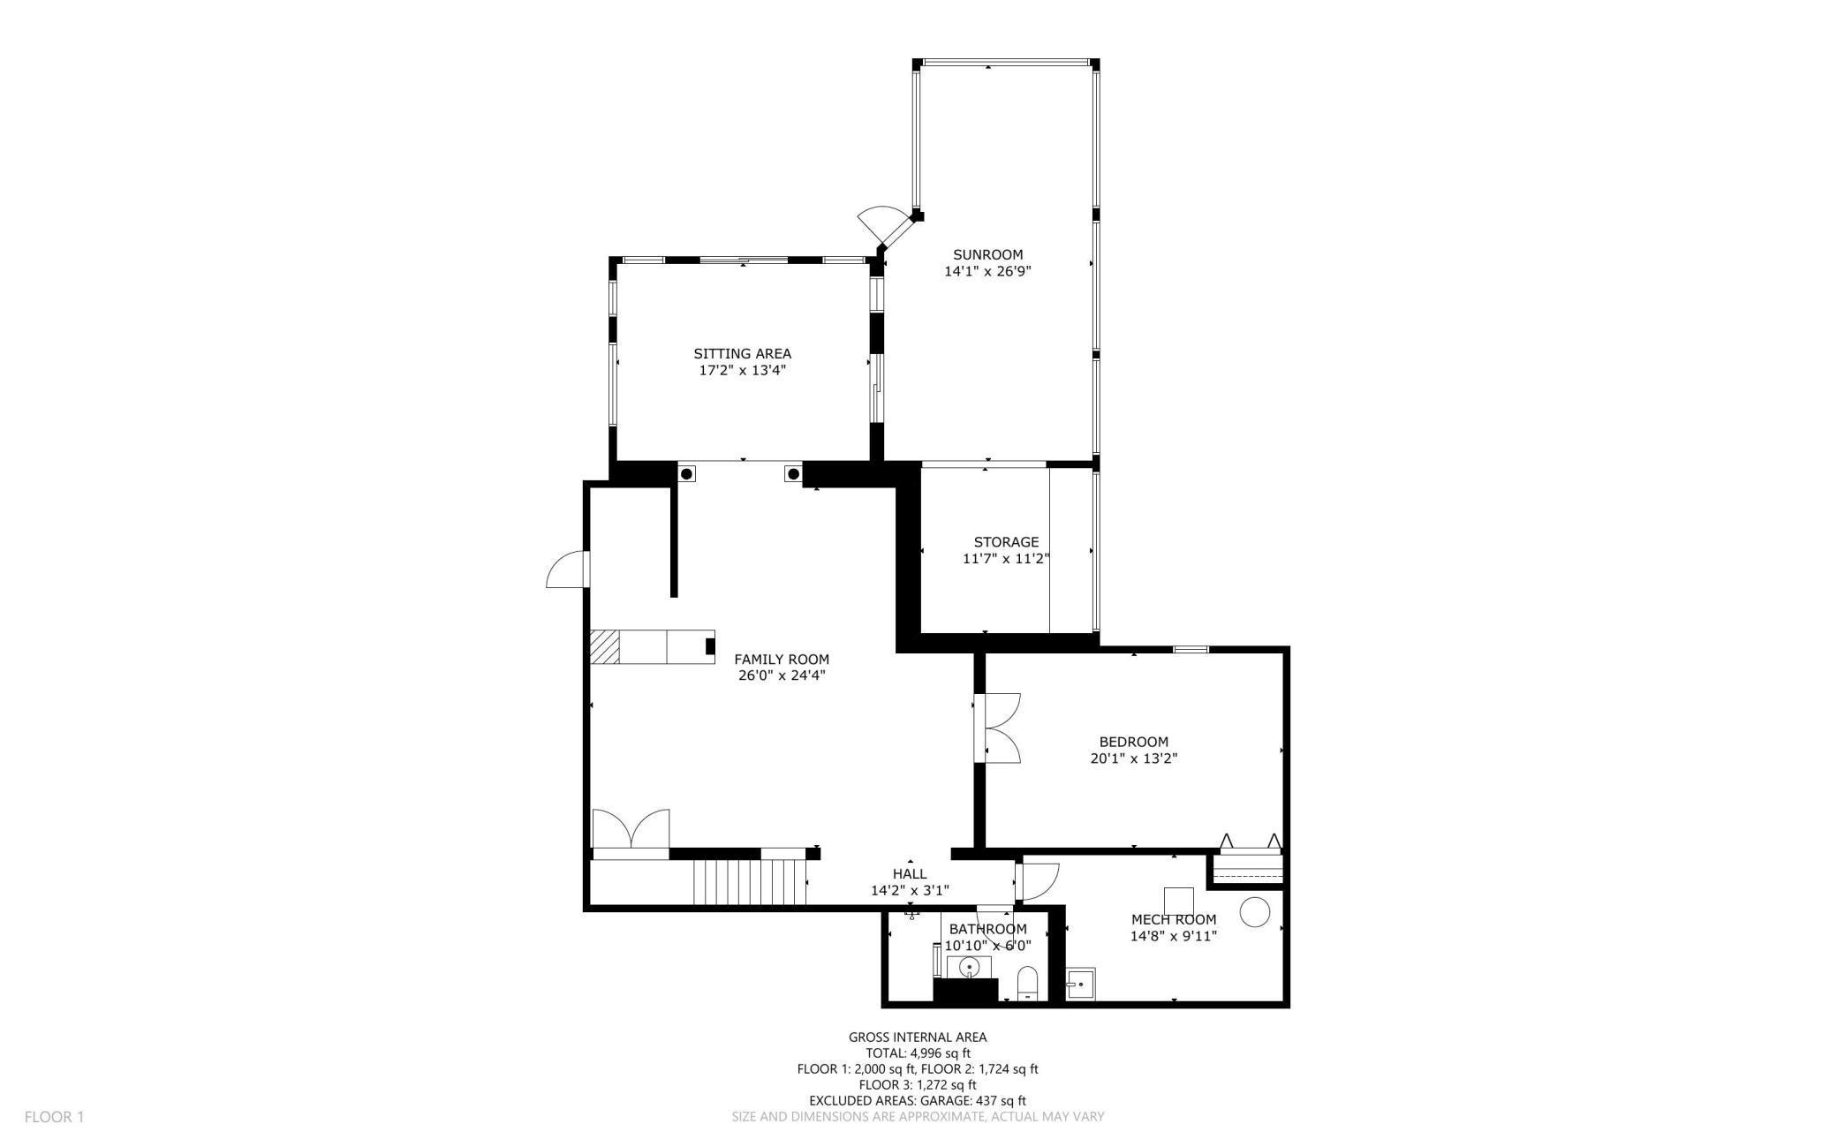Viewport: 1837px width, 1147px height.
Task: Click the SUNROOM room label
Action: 987,255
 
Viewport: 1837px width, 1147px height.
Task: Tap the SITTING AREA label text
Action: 742,354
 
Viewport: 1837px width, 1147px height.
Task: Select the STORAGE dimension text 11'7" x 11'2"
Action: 1006,558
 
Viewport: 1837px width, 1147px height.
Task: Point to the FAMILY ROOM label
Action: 782,660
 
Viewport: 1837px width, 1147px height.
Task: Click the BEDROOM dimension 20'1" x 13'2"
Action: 1134,758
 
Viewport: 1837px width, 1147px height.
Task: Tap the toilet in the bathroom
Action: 1027,984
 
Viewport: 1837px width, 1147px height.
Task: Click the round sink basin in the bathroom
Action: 970,968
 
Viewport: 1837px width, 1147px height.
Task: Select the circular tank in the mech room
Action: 1254,912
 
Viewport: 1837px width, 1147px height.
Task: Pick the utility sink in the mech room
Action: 1080,984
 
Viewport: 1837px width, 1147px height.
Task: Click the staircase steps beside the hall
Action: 750,882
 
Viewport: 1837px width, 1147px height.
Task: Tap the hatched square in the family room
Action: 604,646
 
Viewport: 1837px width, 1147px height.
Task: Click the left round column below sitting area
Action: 686,474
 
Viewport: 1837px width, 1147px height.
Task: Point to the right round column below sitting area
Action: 793,474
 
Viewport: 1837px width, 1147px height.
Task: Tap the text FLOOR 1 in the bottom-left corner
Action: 54,1117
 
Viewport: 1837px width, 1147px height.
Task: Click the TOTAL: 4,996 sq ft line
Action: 918,1053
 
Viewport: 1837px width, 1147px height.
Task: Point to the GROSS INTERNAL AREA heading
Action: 918,1038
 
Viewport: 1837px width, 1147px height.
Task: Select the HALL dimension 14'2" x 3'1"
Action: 910,890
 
